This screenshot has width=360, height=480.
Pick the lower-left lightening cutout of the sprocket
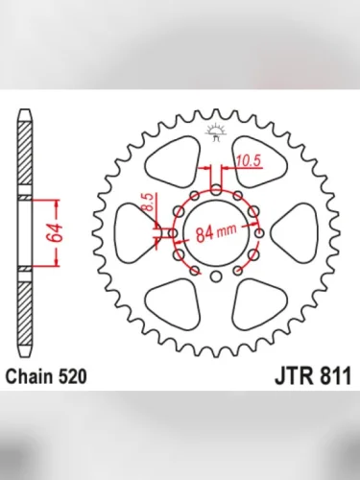click(x=175, y=304)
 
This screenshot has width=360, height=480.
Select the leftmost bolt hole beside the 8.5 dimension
click(x=172, y=232)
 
